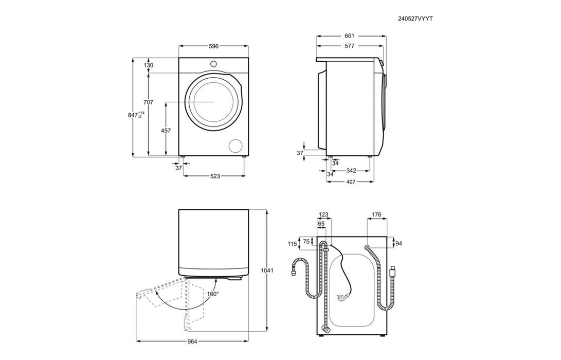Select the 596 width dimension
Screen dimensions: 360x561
click(213, 46)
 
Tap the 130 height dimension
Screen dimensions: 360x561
click(149, 65)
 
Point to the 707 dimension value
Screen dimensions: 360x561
click(149, 102)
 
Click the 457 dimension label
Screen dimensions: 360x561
click(166, 131)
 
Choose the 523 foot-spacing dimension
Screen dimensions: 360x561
click(214, 176)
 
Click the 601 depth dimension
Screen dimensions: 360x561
click(349, 36)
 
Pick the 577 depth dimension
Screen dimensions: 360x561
click(349, 46)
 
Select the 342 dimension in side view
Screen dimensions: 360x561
click(352, 170)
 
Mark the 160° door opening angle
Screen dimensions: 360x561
click(213, 294)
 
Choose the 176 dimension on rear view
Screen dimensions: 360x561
click(376, 215)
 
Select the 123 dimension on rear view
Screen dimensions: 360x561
click(323, 215)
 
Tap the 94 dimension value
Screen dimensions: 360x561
click(400, 243)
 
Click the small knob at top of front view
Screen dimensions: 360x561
click(214, 63)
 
